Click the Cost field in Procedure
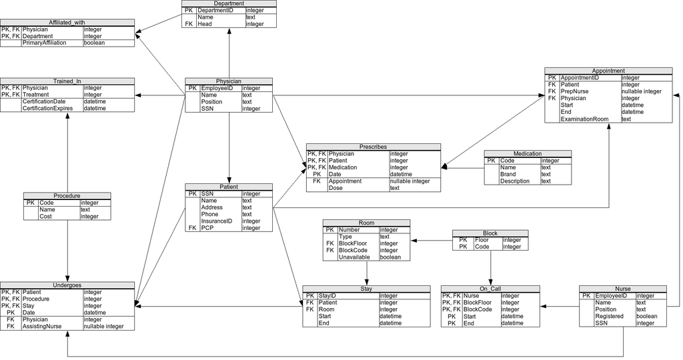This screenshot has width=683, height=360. tap(47, 216)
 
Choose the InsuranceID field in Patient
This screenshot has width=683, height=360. tap(217, 221)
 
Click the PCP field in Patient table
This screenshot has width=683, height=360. tap(207, 228)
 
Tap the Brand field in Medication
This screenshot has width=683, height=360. tap(508, 174)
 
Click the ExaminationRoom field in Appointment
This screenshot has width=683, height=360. tap(585, 119)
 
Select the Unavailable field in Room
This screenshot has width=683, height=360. tap(355, 257)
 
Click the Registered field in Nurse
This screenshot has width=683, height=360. tap(610, 316)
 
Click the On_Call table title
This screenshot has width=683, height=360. tap(490, 288)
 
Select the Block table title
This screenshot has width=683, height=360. tap(490, 233)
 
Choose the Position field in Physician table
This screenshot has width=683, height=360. tap(213, 102)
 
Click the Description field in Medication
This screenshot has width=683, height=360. tap(515, 181)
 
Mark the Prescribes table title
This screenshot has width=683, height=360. tap(373, 147)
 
